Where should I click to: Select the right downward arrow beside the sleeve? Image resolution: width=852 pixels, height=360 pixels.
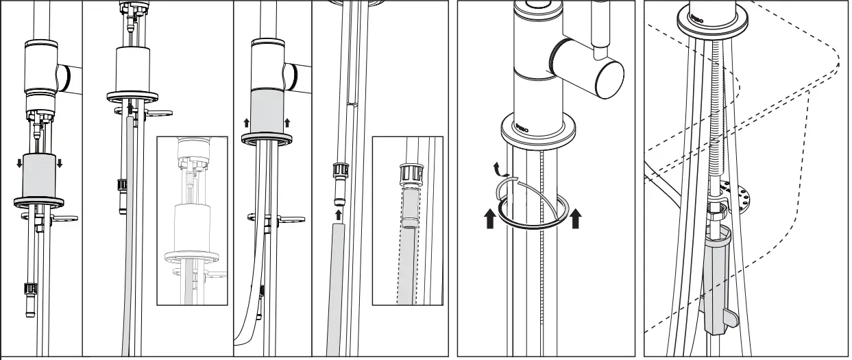[60, 163]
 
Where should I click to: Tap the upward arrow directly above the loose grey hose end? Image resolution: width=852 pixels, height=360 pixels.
[337, 215]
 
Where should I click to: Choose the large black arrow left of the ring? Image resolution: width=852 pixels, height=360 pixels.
[489, 220]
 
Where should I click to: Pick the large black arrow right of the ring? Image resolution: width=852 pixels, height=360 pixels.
[576, 219]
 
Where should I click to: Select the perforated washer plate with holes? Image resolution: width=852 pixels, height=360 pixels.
[742, 195]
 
